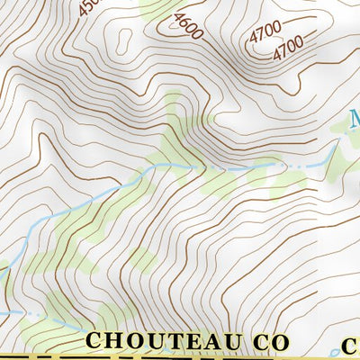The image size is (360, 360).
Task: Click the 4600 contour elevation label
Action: pyautogui.click(x=189, y=25)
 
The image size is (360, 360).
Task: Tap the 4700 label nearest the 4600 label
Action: pyautogui.click(x=267, y=33)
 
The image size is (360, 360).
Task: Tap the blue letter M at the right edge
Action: pyautogui.click(x=354, y=119)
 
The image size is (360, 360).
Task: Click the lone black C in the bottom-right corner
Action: pyautogui.click(x=350, y=344)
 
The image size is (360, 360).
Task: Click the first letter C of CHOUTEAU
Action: pyautogui.click(x=94, y=341)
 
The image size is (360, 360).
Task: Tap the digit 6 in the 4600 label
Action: pyautogui.click(x=186, y=22)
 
